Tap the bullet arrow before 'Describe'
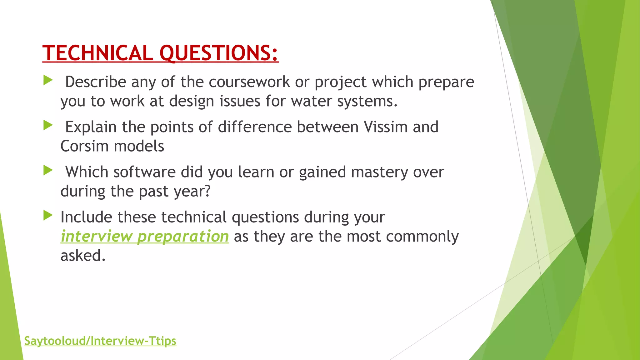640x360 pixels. coord(48,80)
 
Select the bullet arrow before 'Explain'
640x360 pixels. coord(48,126)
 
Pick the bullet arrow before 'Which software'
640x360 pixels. coord(48,171)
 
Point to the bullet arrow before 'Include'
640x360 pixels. coord(48,215)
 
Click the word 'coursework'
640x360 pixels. coord(249,82)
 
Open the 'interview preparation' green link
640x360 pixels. coord(144,236)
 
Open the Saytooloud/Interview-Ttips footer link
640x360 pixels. coord(100,341)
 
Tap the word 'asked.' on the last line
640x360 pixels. coord(83,256)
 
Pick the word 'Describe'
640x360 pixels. coord(95,82)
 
